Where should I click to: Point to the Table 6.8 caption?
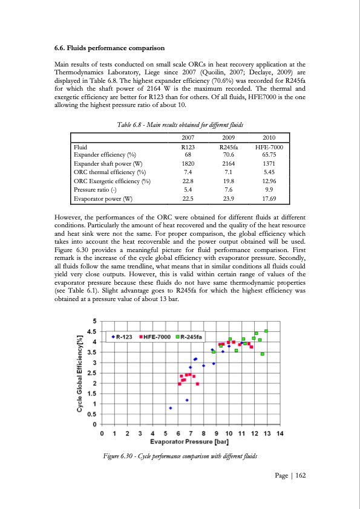(x=180, y=125)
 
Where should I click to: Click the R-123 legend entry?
(x=123, y=336)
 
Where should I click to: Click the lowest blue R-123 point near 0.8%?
(x=171, y=408)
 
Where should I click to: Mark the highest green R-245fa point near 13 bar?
(x=266, y=331)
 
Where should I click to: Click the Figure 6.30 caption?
(x=180, y=455)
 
